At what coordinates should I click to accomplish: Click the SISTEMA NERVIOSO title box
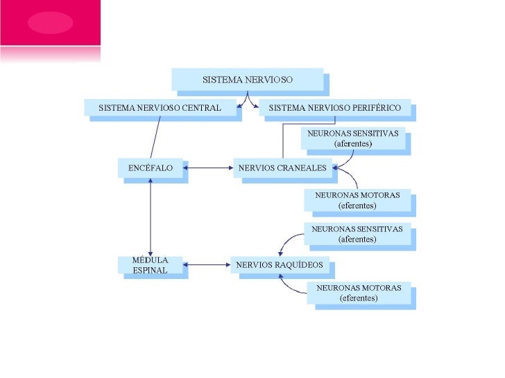coord(248,80)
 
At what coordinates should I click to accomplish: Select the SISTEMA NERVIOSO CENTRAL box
coord(160,108)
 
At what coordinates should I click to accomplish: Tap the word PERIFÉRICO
coord(374,108)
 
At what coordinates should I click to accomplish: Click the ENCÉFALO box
coord(151,168)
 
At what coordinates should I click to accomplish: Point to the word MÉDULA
coord(151,260)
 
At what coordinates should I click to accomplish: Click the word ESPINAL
coord(151,270)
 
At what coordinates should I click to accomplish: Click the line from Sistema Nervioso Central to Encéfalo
coord(155,138)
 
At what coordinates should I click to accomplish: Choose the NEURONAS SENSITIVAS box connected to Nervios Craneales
coord(352,138)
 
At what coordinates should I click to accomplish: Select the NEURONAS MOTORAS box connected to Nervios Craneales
coord(357,200)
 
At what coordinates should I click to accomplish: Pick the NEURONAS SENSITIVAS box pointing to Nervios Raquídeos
coord(357,234)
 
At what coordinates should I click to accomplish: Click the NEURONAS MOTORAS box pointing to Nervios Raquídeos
coord(359,293)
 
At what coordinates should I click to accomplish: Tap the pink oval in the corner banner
coord(50,23)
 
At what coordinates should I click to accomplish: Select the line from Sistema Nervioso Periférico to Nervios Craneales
coord(283,138)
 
